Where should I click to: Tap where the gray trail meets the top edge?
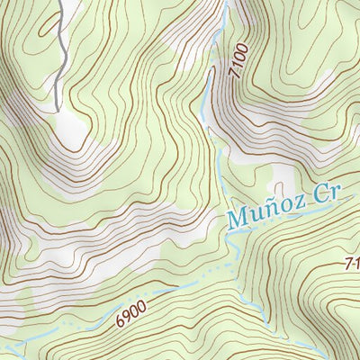[60, 2]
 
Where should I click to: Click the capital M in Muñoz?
[236, 219]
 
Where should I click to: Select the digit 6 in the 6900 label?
[120, 321]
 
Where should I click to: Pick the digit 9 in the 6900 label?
[127, 318]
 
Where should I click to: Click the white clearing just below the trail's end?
[67, 131]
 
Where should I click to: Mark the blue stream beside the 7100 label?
[209, 85]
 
